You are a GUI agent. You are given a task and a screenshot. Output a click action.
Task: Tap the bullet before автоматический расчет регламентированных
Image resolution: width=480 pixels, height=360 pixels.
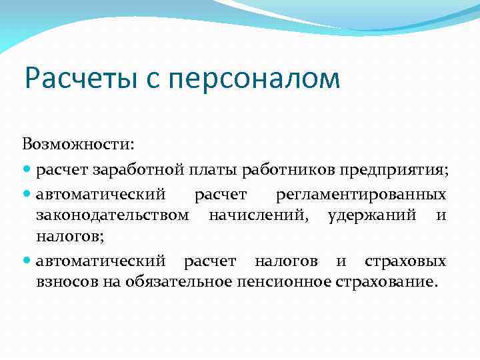pyautogui.click(x=27, y=195)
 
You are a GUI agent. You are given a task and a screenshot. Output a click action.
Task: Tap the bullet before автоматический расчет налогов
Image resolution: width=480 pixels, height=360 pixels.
pyautogui.click(x=27, y=260)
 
